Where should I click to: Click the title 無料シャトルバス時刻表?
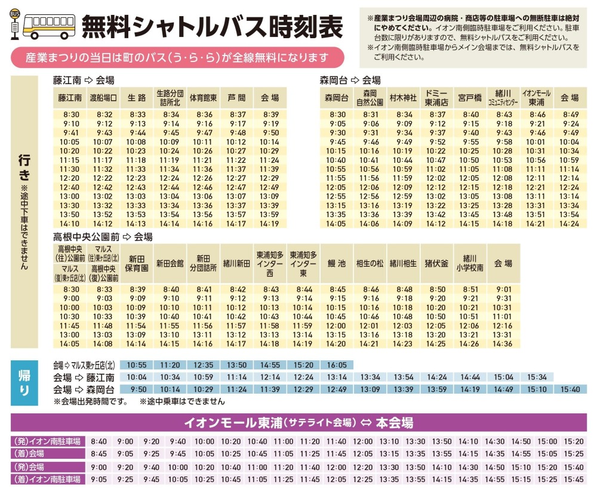tap(212, 26)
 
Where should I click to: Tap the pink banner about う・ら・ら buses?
tap(178, 58)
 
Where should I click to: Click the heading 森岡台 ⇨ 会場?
tap(350, 80)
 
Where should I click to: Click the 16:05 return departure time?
tap(337, 365)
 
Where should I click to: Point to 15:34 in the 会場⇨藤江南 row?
tap(537, 377)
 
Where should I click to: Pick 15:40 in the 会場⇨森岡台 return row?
tap(570, 389)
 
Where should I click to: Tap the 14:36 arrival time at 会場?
tap(503, 344)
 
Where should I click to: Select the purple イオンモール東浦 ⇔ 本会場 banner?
tap(298, 423)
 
